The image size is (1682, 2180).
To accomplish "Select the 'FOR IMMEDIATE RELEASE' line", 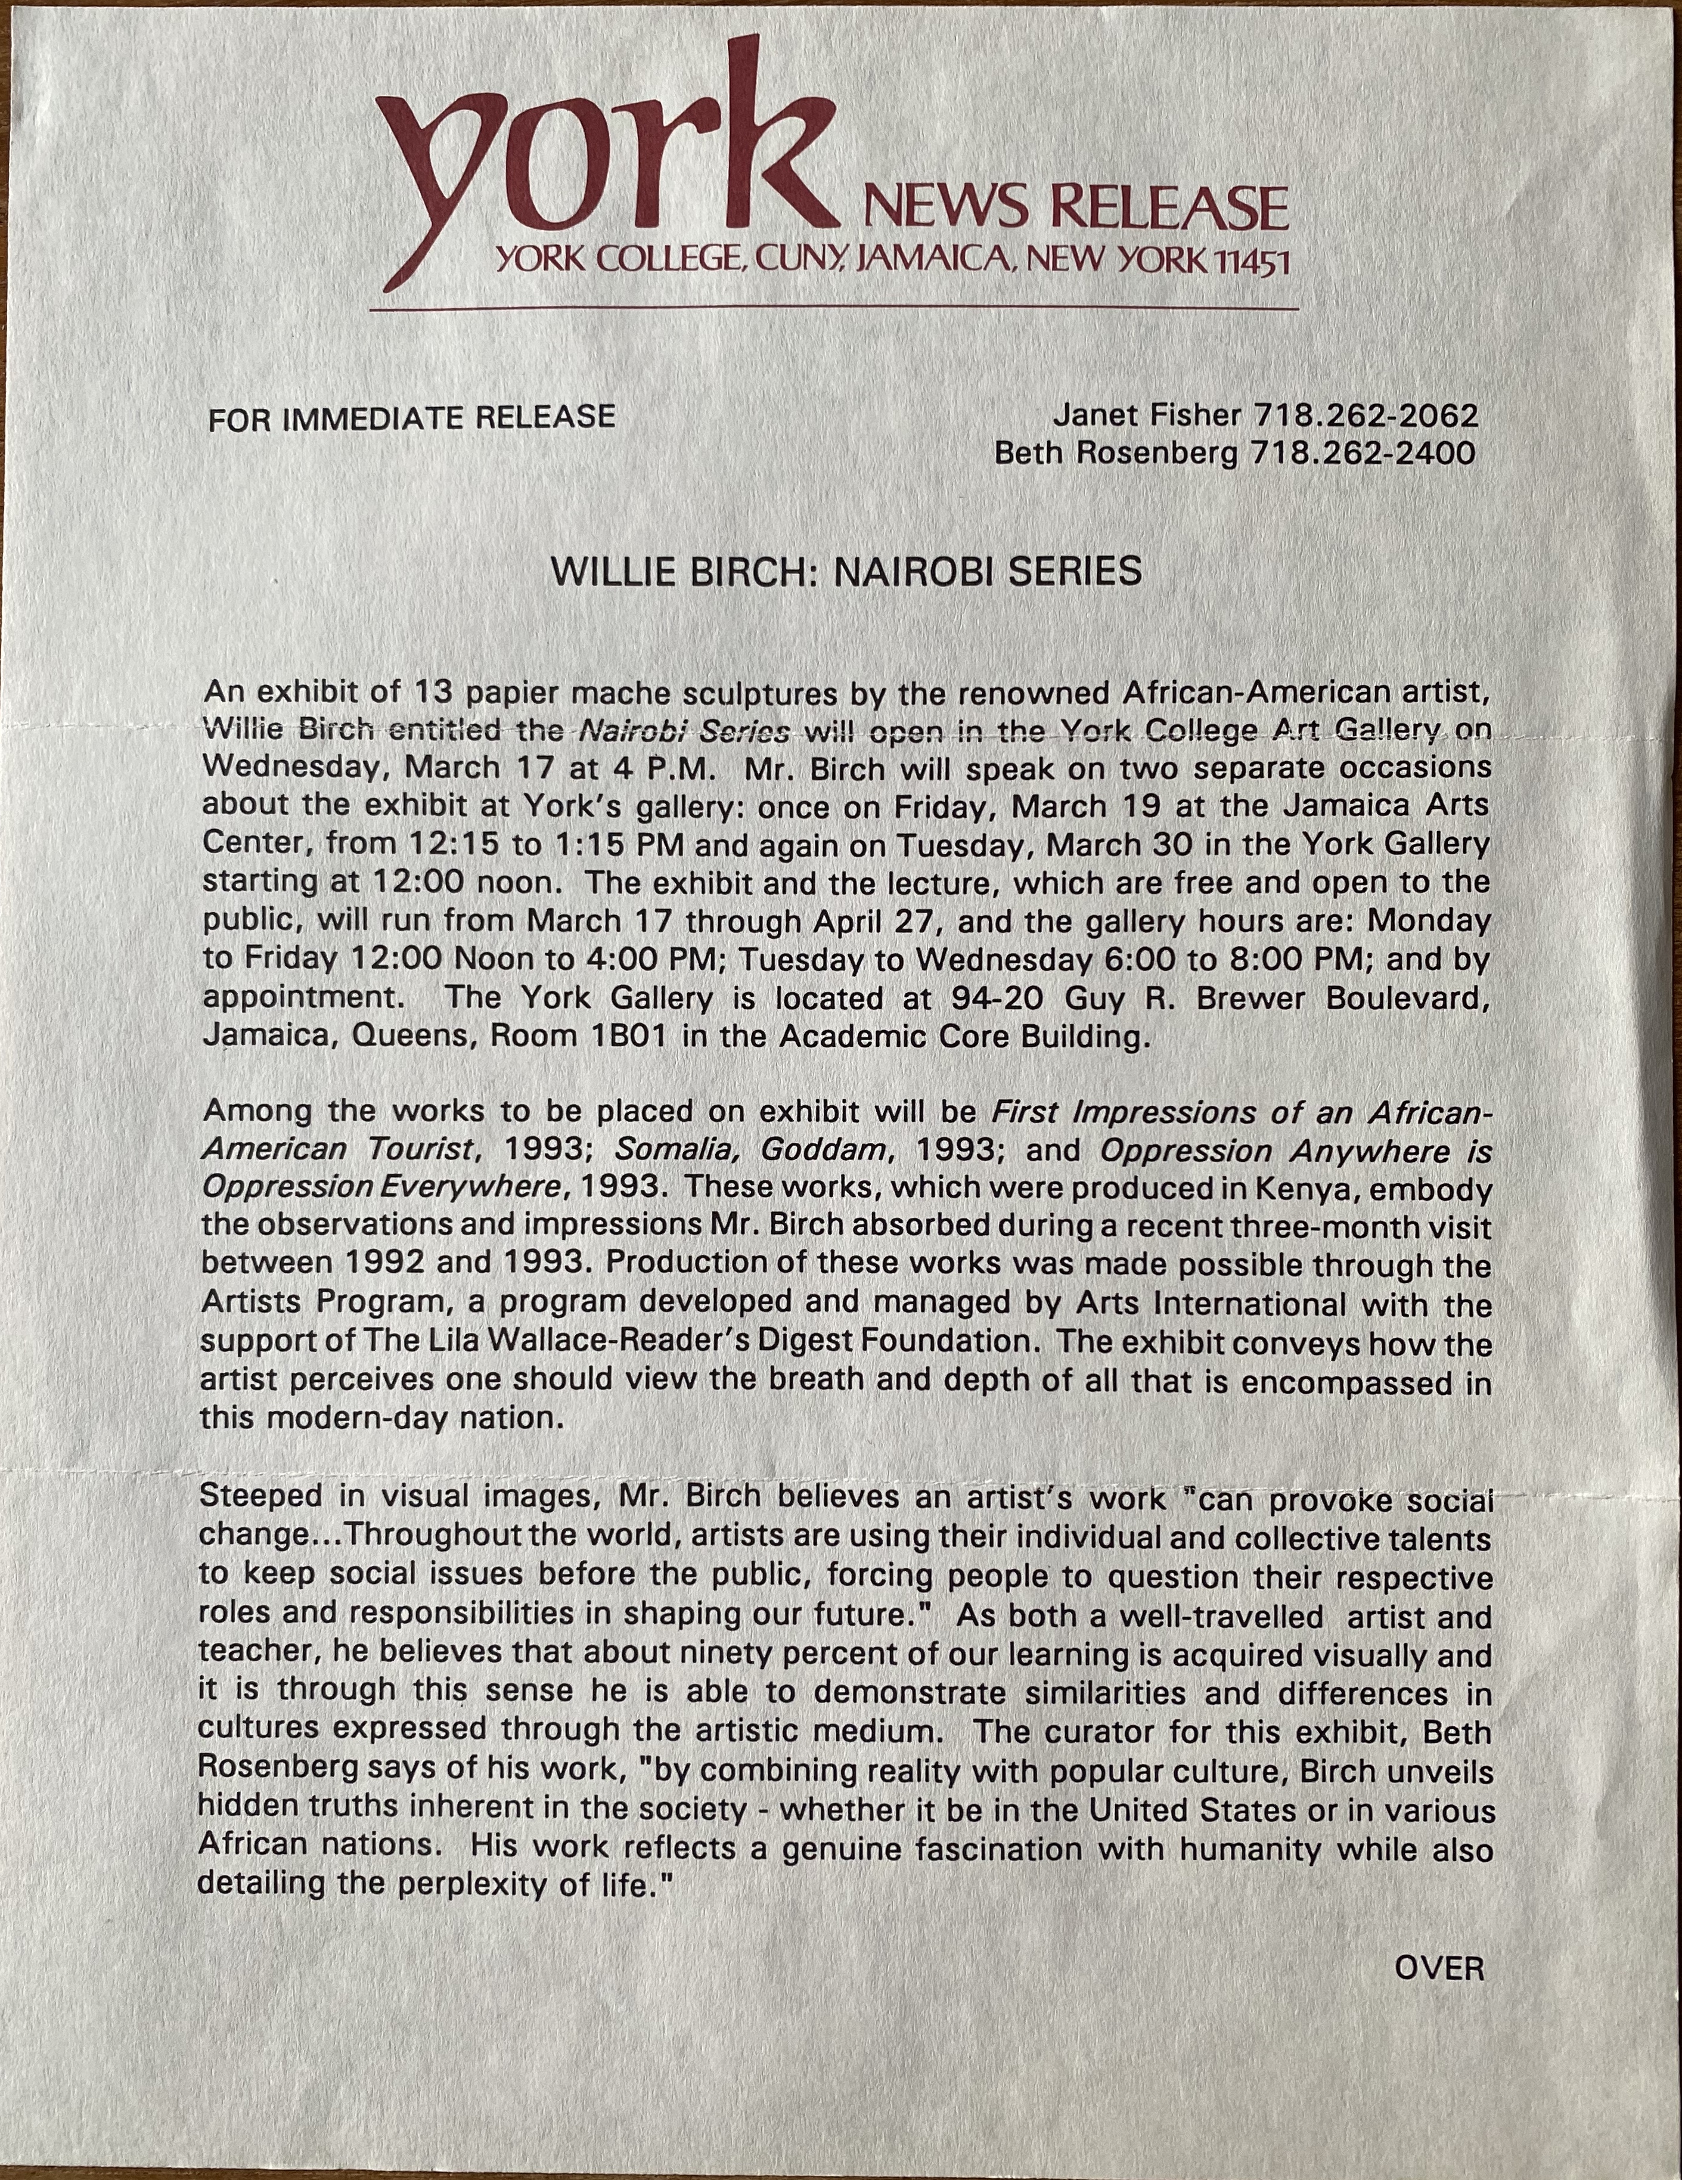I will point(411,417).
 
